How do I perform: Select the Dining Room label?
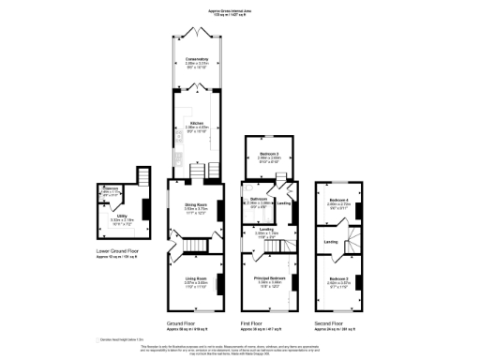point(194,209)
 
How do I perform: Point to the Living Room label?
point(194,278)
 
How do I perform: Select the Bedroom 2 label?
point(339,279)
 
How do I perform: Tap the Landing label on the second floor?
point(331,241)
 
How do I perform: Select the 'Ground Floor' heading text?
point(194,323)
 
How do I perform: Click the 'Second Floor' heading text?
point(339,323)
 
